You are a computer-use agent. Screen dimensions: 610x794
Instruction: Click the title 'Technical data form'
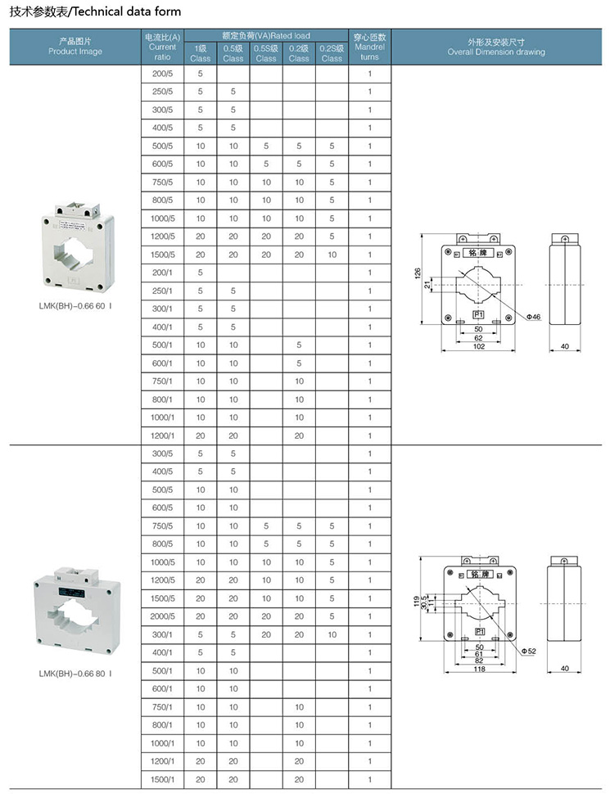(x=127, y=11)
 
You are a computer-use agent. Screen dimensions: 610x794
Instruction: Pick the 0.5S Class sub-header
(x=266, y=54)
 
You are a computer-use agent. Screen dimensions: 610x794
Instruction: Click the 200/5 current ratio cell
(x=162, y=74)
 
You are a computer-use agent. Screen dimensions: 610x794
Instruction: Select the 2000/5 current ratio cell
(x=162, y=616)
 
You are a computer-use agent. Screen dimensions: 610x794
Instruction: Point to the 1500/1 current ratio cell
(x=162, y=780)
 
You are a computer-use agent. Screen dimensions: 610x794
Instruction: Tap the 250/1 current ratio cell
(x=162, y=291)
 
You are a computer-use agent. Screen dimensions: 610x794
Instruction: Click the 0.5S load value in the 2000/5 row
(x=266, y=616)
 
